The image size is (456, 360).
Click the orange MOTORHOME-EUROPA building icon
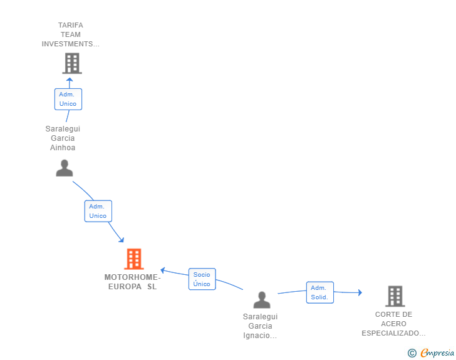[x=134, y=259]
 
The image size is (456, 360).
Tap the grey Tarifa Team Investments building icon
[x=72, y=63]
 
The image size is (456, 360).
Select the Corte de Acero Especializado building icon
[x=395, y=296]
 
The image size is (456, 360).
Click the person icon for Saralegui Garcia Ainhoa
[x=65, y=168]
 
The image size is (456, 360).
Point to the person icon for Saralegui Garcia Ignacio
[x=262, y=300]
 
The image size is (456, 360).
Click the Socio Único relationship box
[x=202, y=279]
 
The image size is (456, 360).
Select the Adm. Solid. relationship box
[x=320, y=292]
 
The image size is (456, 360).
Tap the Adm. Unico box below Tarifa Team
[x=68, y=99]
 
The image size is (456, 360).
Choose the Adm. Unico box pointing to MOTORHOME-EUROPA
[x=98, y=211]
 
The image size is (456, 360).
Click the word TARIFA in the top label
[x=71, y=25]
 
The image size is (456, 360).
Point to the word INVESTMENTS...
[x=68, y=44]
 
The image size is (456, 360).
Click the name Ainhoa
[x=63, y=148]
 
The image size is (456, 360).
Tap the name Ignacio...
[x=257, y=336]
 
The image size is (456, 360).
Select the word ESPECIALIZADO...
[x=390, y=333]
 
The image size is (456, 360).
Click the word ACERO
[x=394, y=324]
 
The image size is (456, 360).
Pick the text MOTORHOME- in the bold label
[x=132, y=277]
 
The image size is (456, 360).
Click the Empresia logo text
[x=437, y=352]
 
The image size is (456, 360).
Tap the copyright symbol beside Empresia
[x=412, y=353]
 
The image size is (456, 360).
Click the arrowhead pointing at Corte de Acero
[x=360, y=292]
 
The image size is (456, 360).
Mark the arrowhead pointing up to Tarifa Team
[x=70, y=80]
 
